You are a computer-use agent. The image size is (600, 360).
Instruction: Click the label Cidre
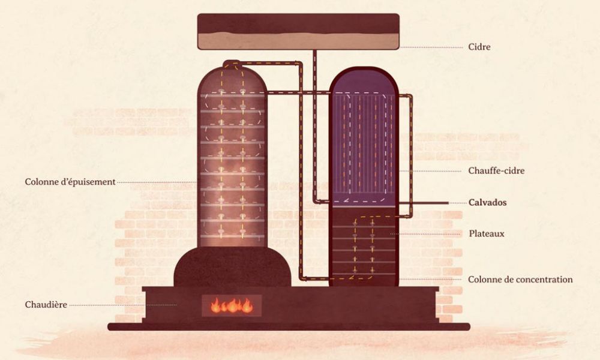point(479,47)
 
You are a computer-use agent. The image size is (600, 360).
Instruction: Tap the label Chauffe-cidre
point(496,171)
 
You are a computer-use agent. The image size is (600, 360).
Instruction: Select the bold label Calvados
point(487,203)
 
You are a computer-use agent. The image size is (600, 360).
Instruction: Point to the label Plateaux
point(485,233)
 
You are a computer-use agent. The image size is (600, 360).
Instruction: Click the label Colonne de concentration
point(520,280)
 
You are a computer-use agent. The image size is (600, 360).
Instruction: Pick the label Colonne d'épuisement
point(70,182)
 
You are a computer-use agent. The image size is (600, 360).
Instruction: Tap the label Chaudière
point(46,304)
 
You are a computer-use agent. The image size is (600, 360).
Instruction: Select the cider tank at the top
point(298,31)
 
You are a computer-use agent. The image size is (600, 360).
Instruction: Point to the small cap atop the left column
point(231,63)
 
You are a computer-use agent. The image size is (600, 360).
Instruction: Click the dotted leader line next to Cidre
point(432,47)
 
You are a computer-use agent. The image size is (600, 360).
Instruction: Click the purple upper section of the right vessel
point(363,138)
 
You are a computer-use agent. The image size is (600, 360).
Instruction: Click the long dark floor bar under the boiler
point(288,327)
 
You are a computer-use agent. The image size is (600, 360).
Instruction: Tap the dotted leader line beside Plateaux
point(429,233)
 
